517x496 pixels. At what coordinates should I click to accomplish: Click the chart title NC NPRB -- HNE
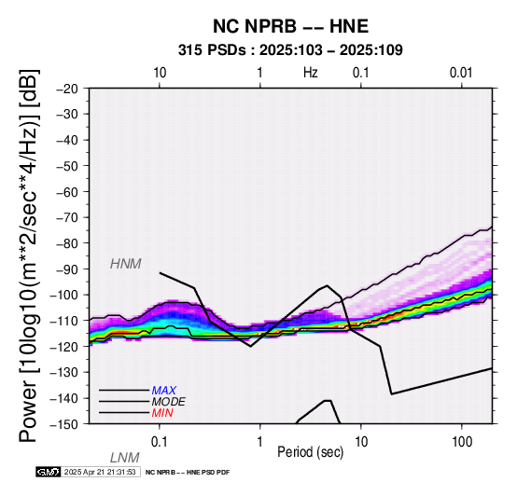tap(290, 26)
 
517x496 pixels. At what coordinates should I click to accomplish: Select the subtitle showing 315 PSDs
tap(290, 50)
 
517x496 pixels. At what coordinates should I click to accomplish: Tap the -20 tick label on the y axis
tap(67, 89)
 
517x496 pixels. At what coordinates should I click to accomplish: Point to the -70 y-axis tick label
tap(67, 218)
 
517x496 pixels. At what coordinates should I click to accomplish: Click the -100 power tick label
tap(64, 295)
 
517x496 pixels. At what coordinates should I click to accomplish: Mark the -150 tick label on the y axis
tap(64, 424)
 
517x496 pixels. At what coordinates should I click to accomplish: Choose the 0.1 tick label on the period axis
tap(160, 442)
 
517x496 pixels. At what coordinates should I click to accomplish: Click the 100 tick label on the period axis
tap(462, 442)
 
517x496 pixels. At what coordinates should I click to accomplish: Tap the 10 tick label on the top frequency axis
tap(160, 73)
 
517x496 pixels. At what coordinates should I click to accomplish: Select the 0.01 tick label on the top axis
tap(461, 73)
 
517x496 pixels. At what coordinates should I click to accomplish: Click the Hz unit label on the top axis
tap(310, 73)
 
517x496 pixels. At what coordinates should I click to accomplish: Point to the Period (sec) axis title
tap(310, 452)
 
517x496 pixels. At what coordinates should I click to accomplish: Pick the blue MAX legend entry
tap(164, 391)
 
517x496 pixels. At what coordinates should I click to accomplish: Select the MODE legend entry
tap(169, 402)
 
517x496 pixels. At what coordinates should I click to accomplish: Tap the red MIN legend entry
tap(162, 413)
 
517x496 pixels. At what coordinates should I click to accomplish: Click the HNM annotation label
tap(126, 264)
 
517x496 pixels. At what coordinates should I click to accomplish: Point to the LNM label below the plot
tap(125, 458)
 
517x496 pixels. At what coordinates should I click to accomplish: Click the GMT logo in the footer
tap(49, 472)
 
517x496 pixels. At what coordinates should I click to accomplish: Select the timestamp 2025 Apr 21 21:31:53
tap(100, 472)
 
